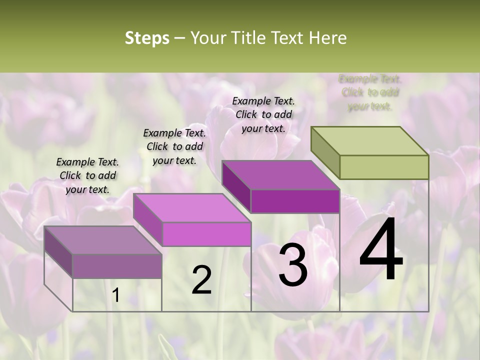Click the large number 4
(381, 250)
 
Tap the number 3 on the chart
(293, 265)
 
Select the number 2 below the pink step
(201, 280)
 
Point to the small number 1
(115, 295)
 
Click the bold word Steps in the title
(147, 38)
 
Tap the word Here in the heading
(327, 38)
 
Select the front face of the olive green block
(384, 167)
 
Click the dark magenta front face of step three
(295, 201)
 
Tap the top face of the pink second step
(192, 208)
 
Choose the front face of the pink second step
(206, 234)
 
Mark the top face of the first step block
(103, 240)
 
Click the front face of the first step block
(117, 266)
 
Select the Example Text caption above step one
(87, 175)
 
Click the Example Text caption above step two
(174, 146)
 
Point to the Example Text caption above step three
(263, 114)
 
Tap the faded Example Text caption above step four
(370, 92)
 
